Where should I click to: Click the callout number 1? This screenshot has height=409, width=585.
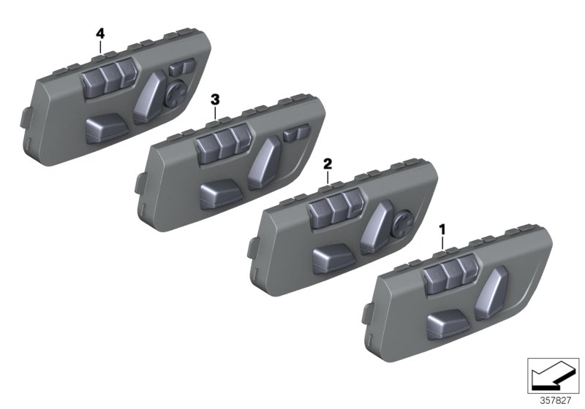(x=442, y=230)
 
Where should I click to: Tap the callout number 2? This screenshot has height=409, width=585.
(x=328, y=167)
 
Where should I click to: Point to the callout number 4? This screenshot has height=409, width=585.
(x=100, y=33)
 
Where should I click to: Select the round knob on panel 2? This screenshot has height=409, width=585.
(x=403, y=221)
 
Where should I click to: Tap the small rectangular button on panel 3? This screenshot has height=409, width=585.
(x=295, y=134)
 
